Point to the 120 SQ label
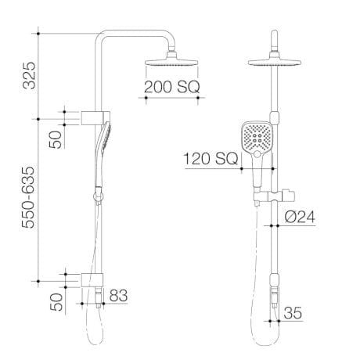[210, 160]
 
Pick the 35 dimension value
[293, 312]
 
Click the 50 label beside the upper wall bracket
[56, 139]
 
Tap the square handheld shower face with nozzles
[256, 140]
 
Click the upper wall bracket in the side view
[93, 119]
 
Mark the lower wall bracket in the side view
[93, 279]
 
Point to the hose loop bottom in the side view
[94, 343]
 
